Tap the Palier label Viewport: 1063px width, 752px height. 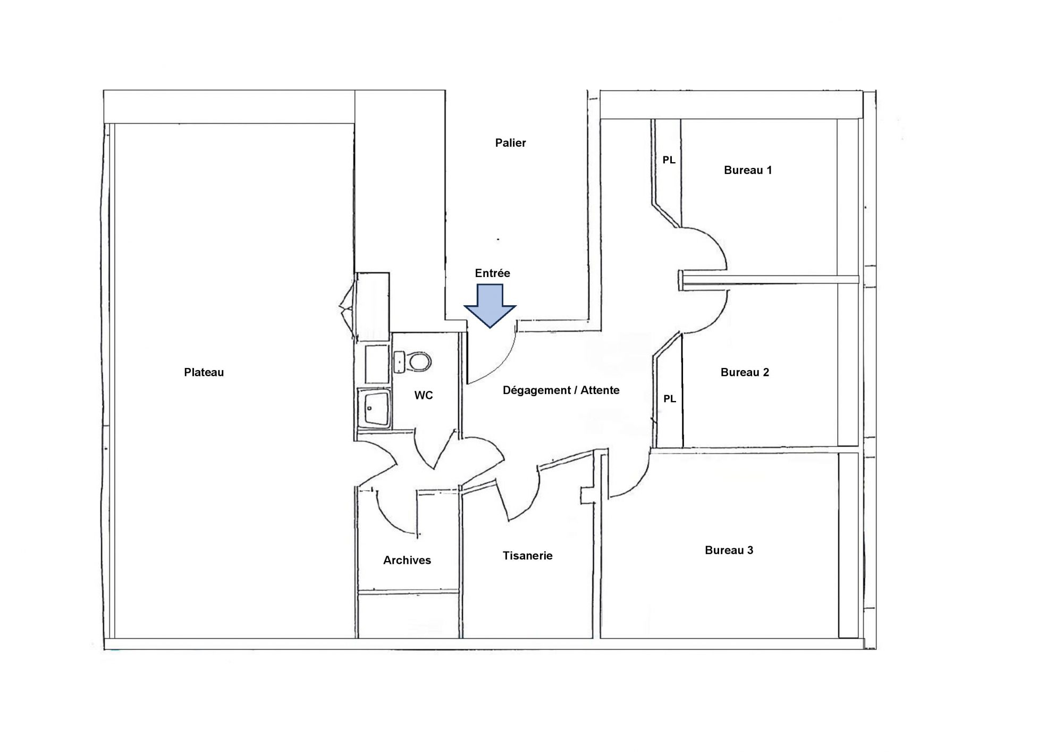tap(510, 143)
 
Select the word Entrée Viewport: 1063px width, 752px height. tap(492, 273)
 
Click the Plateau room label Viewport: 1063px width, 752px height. tap(204, 372)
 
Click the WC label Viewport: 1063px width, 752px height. tap(424, 395)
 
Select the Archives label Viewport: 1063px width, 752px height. tap(407, 560)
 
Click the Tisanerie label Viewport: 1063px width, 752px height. tap(528, 556)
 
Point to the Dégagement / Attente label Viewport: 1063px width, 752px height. tap(561, 390)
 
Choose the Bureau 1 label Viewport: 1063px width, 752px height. tap(748, 170)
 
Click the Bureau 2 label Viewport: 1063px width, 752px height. tap(745, 372)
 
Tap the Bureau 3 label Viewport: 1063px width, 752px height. tap(729, 550)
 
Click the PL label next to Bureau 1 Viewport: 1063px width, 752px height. tap(669, 160)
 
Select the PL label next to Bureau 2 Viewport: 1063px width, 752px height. tap(670, 398)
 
